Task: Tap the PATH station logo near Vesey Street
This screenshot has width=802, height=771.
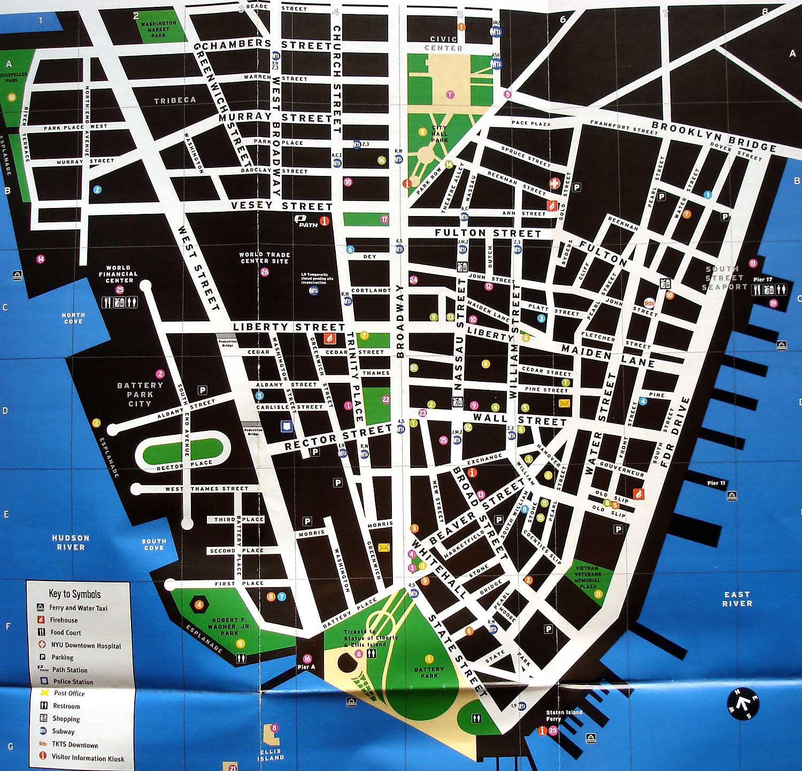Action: coord(309,220)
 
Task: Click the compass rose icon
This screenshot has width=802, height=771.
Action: coord(743,704)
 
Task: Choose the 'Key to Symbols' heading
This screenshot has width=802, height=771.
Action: coord(74,593)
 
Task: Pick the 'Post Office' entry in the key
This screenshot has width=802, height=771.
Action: coord(69,693)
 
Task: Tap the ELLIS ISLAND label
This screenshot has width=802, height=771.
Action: coord(271,754)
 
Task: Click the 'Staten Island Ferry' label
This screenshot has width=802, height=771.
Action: coord(564,716)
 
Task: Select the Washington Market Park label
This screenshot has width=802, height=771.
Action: coord(158,29)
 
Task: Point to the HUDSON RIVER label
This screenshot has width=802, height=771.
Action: coord(71,542)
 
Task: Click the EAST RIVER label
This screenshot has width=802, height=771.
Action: coord(737,598)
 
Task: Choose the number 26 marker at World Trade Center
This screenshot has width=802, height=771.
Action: coord(265,272)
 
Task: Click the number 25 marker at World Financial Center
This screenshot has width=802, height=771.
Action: coord(120,290)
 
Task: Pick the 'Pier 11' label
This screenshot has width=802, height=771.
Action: coord(716,483)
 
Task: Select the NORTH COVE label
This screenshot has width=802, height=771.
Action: coord(73,318)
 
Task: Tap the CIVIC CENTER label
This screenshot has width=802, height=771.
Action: coord(443,43)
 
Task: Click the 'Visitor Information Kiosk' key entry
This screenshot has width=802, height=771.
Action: coord(88,758)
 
